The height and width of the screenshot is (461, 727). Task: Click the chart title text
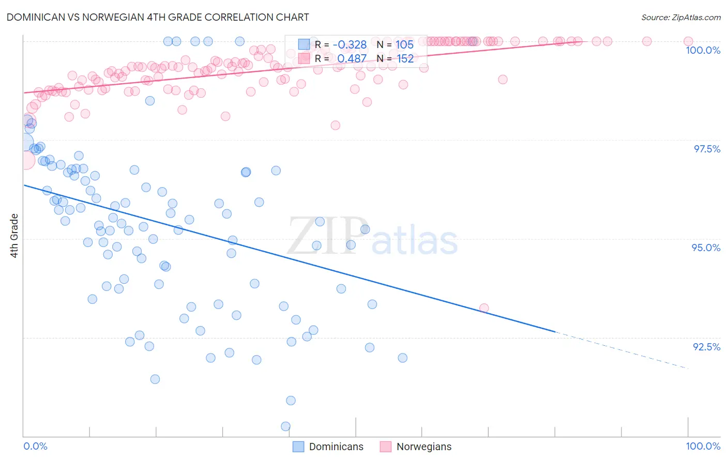pos(158,17)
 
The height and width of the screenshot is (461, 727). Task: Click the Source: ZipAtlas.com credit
pos(680,17)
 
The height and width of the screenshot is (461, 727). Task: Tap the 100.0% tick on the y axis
pos(703,50)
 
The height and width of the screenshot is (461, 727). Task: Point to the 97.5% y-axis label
pos(707,149)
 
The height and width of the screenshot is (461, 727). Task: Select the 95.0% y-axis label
pos(706,248)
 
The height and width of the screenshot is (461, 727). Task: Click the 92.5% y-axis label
pos(706,347)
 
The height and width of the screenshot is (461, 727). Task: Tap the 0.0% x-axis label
pos(35,446)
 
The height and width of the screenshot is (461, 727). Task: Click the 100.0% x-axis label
pos(703,446)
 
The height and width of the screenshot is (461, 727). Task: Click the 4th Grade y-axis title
pos(14,236)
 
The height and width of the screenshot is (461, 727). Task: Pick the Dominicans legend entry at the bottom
pos(328,447)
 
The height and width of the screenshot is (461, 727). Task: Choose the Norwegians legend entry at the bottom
pos(416,447)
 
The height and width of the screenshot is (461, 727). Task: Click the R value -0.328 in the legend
pos(350,45)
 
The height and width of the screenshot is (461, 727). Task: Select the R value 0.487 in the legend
pos(352,59)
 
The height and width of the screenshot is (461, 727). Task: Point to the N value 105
pos(404,45)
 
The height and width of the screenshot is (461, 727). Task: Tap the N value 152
pos(405,59)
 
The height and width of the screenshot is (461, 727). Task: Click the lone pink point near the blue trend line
pos(484,308)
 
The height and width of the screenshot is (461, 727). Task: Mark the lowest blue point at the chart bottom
pos(285,426)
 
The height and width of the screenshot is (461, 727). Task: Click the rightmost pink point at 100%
pos(688,41)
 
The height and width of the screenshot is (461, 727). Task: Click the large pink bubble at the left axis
pos(25,160)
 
